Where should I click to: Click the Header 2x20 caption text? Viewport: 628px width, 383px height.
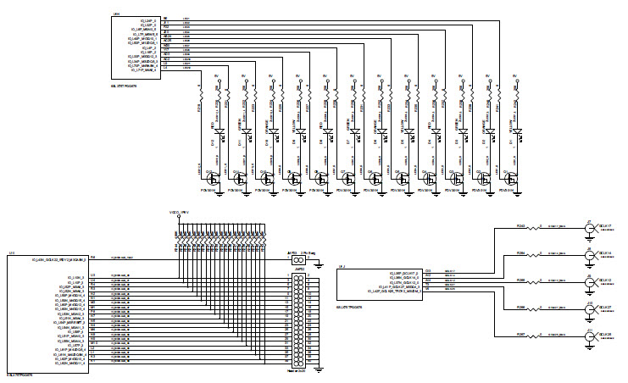[299, 373]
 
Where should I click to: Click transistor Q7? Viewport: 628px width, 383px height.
[348, 178]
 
